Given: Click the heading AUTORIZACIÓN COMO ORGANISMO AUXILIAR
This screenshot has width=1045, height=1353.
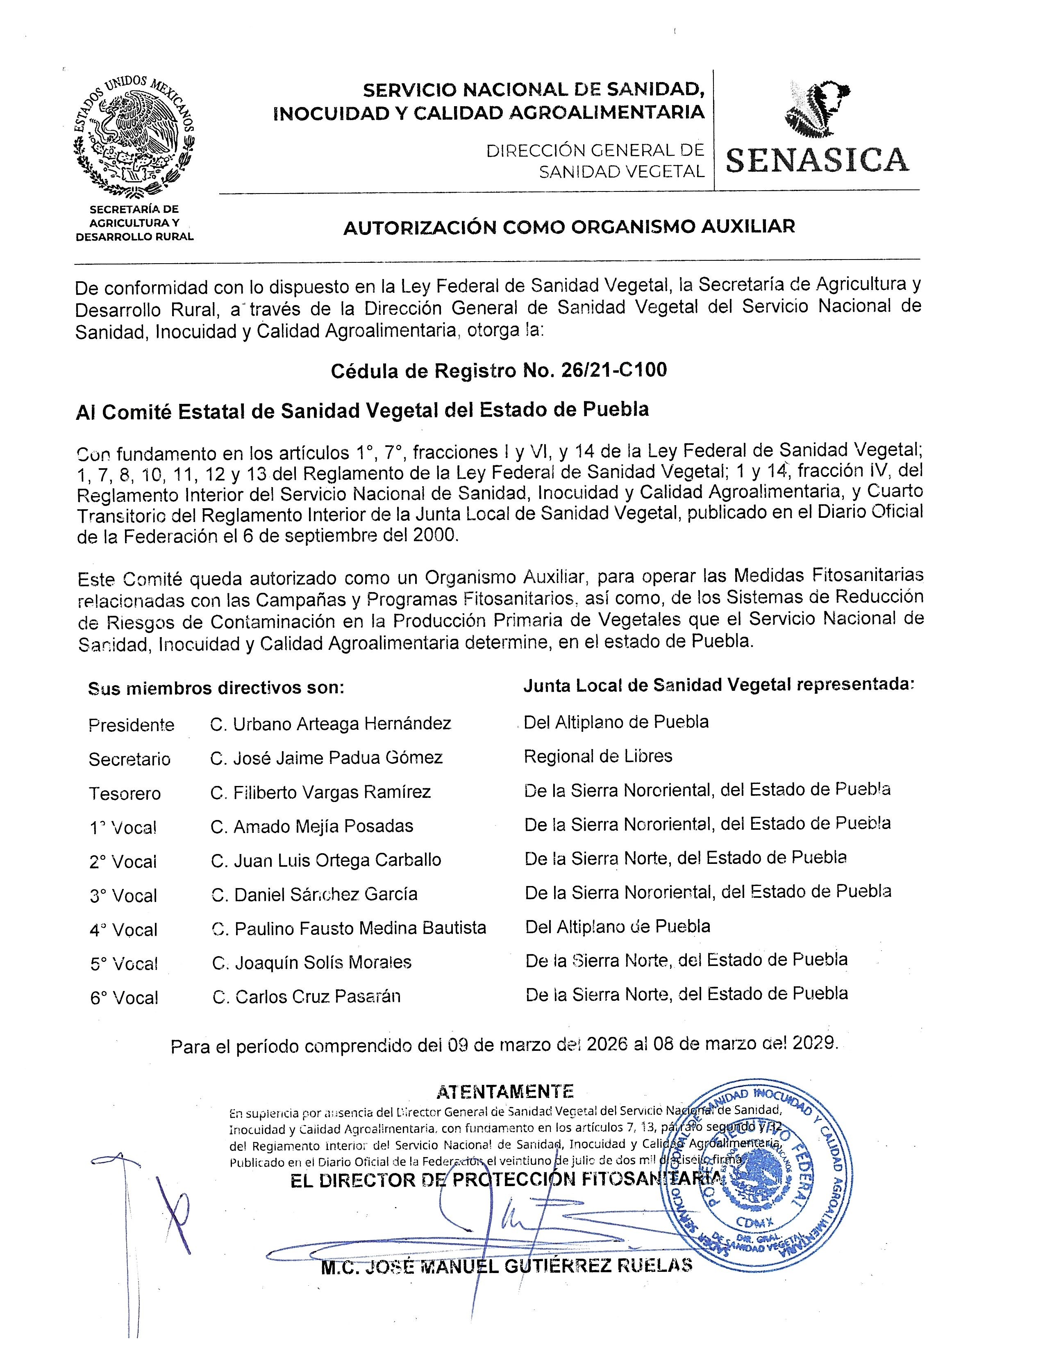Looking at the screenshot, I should (x=569, y=227).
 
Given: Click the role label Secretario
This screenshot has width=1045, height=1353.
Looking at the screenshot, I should (x=129, y=759).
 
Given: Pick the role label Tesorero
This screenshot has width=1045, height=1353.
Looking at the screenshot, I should (x=125, y=793).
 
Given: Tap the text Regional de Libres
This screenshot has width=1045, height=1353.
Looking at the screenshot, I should (x=597, y=756).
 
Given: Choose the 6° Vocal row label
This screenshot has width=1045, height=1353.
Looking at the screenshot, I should (x=124, y=998).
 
